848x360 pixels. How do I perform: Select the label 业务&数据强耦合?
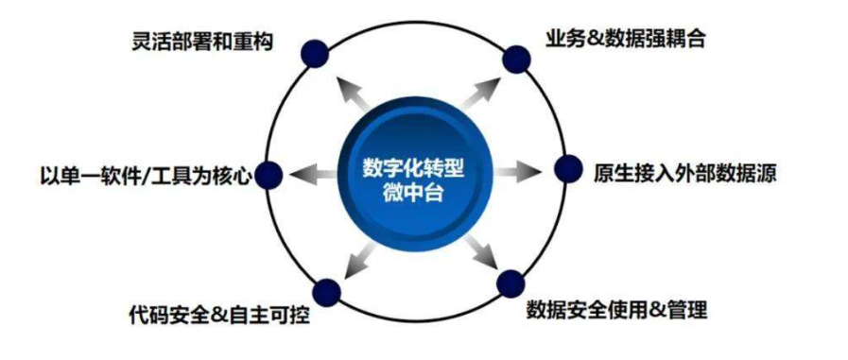625,40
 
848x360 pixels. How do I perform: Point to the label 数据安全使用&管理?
616,309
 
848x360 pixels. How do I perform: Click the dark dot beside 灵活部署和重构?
315,51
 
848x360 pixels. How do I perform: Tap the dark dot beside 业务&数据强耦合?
515,59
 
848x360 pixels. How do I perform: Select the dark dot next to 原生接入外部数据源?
567,169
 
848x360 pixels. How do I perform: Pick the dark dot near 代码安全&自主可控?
326,292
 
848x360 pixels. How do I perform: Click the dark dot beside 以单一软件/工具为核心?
270,175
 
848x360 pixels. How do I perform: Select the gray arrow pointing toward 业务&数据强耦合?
480,89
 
